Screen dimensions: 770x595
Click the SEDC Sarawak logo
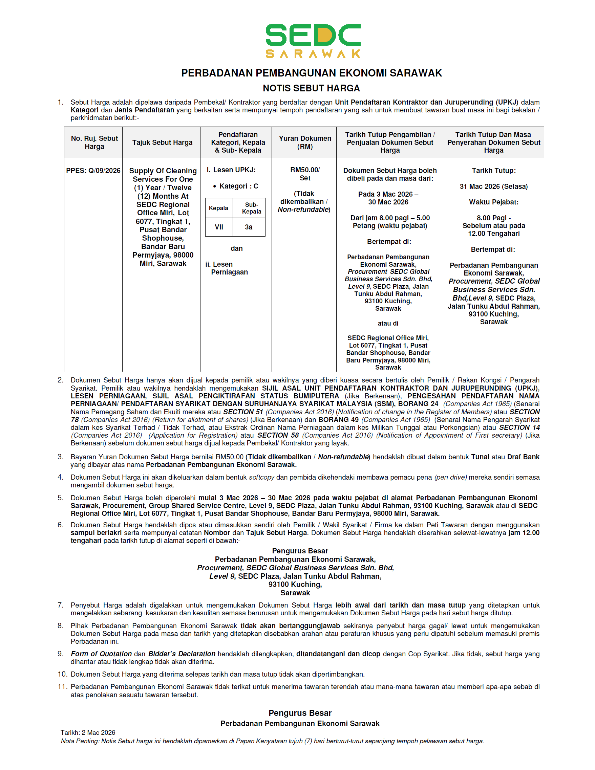[313, 41]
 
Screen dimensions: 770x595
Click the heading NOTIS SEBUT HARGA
[311, 88]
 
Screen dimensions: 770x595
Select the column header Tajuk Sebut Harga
[162, 142]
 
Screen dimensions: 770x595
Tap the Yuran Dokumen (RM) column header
[305, 142]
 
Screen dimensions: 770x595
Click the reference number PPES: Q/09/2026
[93, 171]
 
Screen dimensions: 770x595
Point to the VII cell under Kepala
[219, 227]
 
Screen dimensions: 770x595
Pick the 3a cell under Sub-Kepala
[249, 227]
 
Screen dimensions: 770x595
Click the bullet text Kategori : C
[239, 186]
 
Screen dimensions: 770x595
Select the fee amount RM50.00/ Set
[305, 174]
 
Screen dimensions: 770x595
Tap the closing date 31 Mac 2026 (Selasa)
[493, 186]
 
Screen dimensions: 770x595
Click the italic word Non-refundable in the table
[303, 210]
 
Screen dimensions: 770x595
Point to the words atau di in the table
[388, 323]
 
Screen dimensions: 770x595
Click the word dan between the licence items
[236, 248]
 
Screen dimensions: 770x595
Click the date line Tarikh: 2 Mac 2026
[88, 732]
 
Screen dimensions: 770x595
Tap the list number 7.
[60, 606]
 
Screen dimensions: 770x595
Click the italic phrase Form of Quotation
[101, 654]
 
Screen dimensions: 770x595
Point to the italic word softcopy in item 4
[261, 477]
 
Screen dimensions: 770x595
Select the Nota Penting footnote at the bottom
[272, 741]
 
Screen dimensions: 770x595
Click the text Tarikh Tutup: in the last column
[493, 171]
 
